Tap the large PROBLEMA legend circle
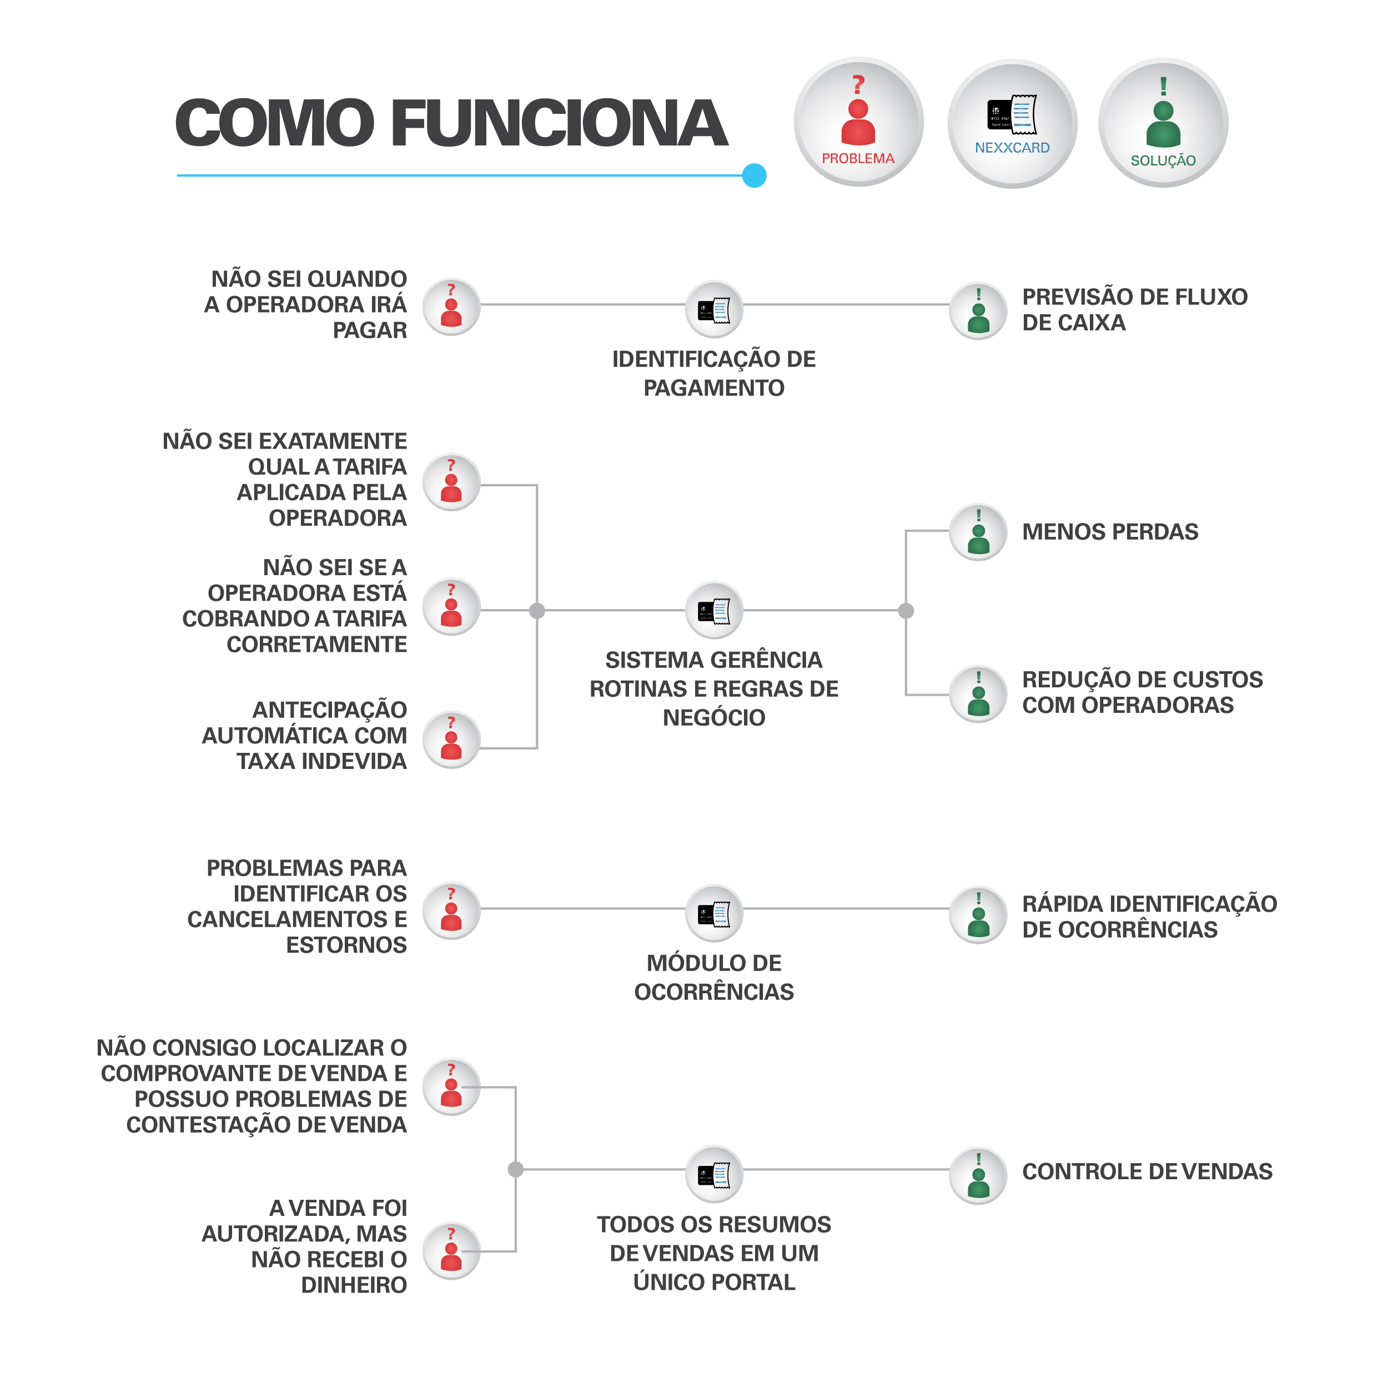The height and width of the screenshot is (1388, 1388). coord(858,122)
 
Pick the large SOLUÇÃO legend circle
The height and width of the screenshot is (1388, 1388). coord(1163,123)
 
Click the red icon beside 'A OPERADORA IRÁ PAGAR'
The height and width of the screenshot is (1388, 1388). coord(451,307)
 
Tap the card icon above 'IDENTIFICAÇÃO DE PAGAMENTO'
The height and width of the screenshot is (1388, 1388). coord(714,309)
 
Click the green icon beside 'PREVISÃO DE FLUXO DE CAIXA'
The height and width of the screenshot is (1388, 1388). coord(978,311)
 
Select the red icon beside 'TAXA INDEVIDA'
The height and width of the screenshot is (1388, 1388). coord(451,740)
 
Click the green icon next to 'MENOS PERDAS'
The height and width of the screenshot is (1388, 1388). coord(978,532)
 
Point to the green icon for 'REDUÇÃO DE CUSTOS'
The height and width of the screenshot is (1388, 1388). coord(978,694)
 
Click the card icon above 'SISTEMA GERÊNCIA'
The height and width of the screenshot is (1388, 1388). coord(714,610)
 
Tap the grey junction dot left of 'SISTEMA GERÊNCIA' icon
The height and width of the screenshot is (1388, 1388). coord(537,611)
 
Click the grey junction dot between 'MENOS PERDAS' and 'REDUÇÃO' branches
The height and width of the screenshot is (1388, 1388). coord(906,611)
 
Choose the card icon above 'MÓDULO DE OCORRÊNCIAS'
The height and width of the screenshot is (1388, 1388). coord(714,913)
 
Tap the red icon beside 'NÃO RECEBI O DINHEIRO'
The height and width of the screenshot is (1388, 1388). coord(451,1251)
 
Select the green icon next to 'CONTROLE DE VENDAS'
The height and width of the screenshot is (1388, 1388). coord(978,1175)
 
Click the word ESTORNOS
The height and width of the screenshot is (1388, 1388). coord(346,945)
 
